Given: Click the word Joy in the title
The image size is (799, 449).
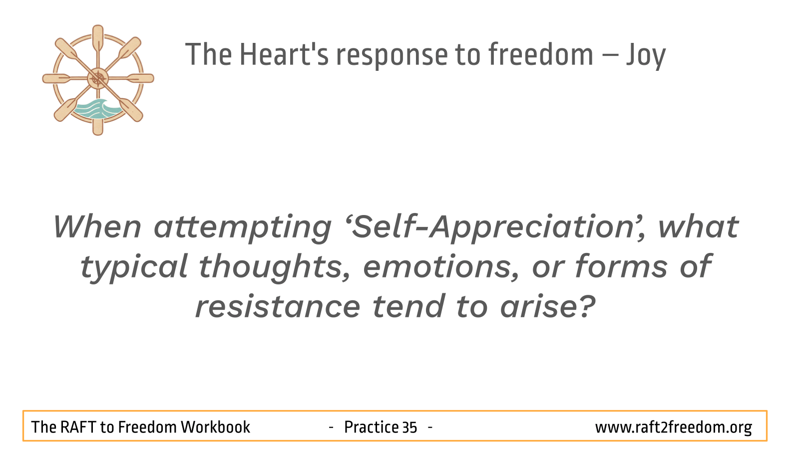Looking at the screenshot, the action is click(x=646, y=55).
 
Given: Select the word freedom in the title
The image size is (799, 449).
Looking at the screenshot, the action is click(x=541, y=54).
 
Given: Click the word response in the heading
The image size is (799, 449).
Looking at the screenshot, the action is click(x=392, y=57).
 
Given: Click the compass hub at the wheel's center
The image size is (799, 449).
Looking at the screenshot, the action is click(x=98, y=78).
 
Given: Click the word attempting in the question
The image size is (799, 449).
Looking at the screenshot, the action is click(x=243, y=228).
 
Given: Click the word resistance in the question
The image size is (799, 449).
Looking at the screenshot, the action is click(x=278, y=306).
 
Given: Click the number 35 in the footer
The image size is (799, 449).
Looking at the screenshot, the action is click(x=409, y=428).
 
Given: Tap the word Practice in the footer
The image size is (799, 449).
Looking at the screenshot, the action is click(x=371, y=427).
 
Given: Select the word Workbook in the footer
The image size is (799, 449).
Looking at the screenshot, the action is click(x=215, y=427).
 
